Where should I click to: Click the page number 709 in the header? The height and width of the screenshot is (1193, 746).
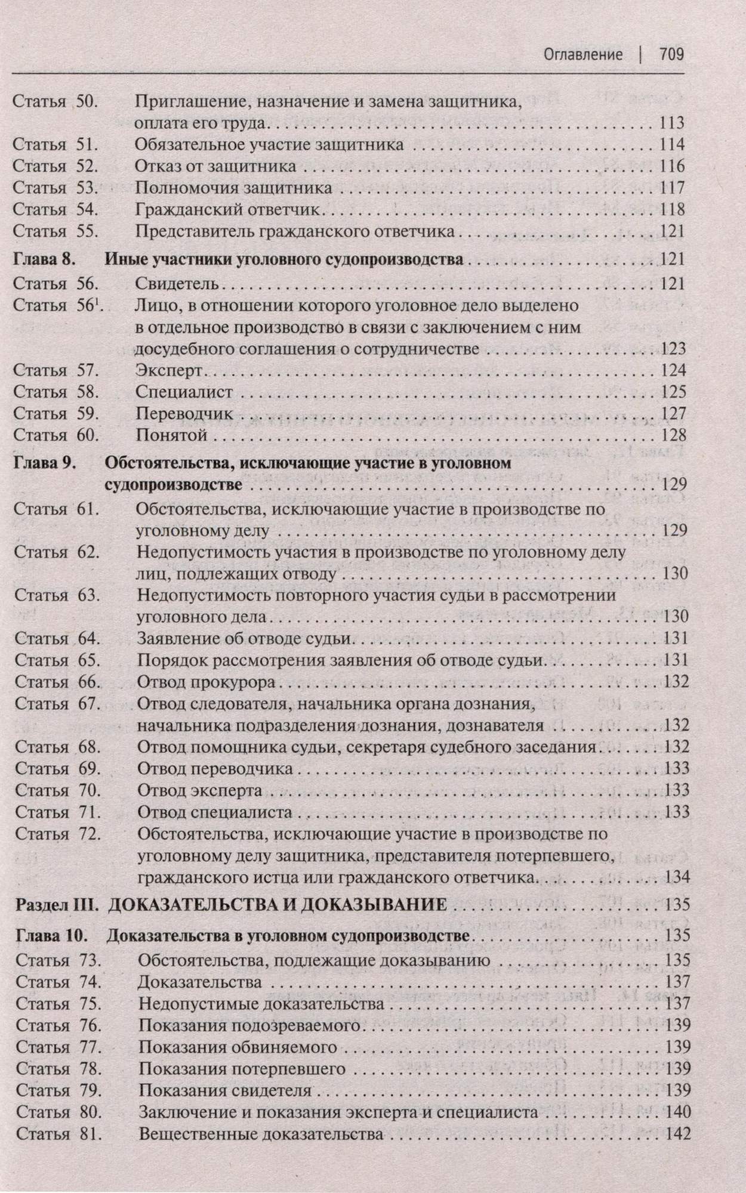671,55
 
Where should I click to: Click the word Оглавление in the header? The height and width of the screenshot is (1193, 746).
582,55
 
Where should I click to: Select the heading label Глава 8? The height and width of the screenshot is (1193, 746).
41,259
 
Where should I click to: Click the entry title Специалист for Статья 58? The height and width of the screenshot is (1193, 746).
183,392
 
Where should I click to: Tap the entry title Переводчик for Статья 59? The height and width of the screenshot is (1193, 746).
183,413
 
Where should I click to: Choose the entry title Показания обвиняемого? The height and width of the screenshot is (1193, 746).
238,1047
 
